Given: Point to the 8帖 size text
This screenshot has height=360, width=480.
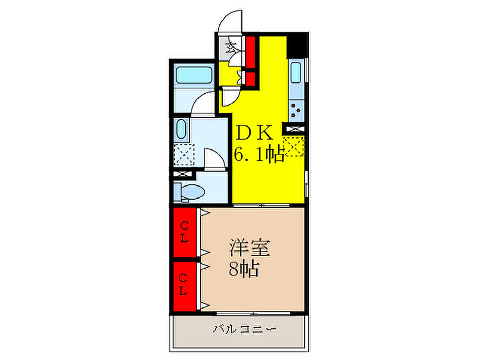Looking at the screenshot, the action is pyautogui.click(x=244, y=269).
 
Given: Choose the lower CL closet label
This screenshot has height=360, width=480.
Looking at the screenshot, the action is pyautogui.click(x=183, y=285).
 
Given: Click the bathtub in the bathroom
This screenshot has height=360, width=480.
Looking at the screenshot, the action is pyautogui.click(x=194, y=75).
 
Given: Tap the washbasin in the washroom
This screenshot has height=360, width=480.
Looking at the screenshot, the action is pyautogui.click(x=181, y=129).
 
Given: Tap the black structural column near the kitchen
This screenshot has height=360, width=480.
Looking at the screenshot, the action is pyautogui.click(x=297, y=45).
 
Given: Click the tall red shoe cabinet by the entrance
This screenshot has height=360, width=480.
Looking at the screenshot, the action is pyautogui.click(x=251, y=52).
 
